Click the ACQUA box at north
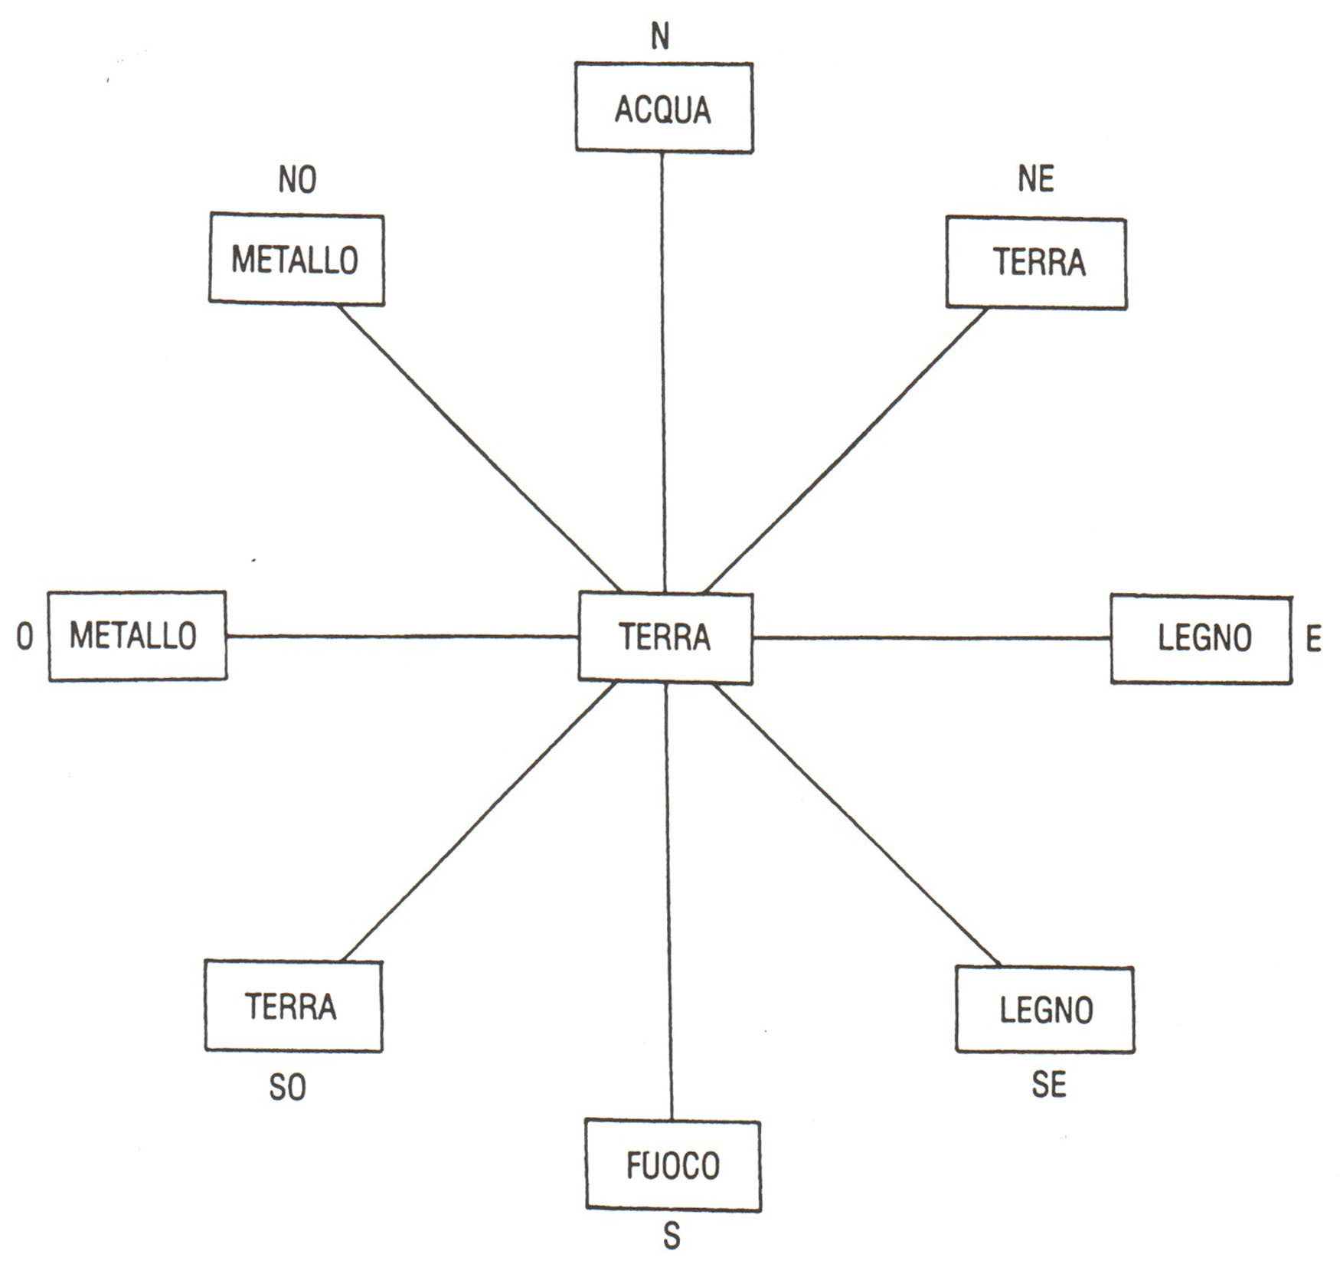[664, 107]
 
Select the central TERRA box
[665, 637]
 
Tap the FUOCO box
[673, 1164]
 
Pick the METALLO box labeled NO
[296, 259]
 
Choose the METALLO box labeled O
[137, 635]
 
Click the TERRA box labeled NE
[1036, 262]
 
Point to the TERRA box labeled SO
[293, 1006]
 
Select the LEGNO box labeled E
[1201, 638]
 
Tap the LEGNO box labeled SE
[1045, 1009]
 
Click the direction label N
[660, 36]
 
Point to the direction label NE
[1036, 178]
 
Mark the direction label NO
[297, 179]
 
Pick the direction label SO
[288, 1087]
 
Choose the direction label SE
[1049, 1084]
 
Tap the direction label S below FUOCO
[672, 1236]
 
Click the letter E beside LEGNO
[1314, 639]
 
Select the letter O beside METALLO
[25, 636]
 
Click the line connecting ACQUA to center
[663, 372]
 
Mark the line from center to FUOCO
[669, 901]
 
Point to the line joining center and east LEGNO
[932, 637]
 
